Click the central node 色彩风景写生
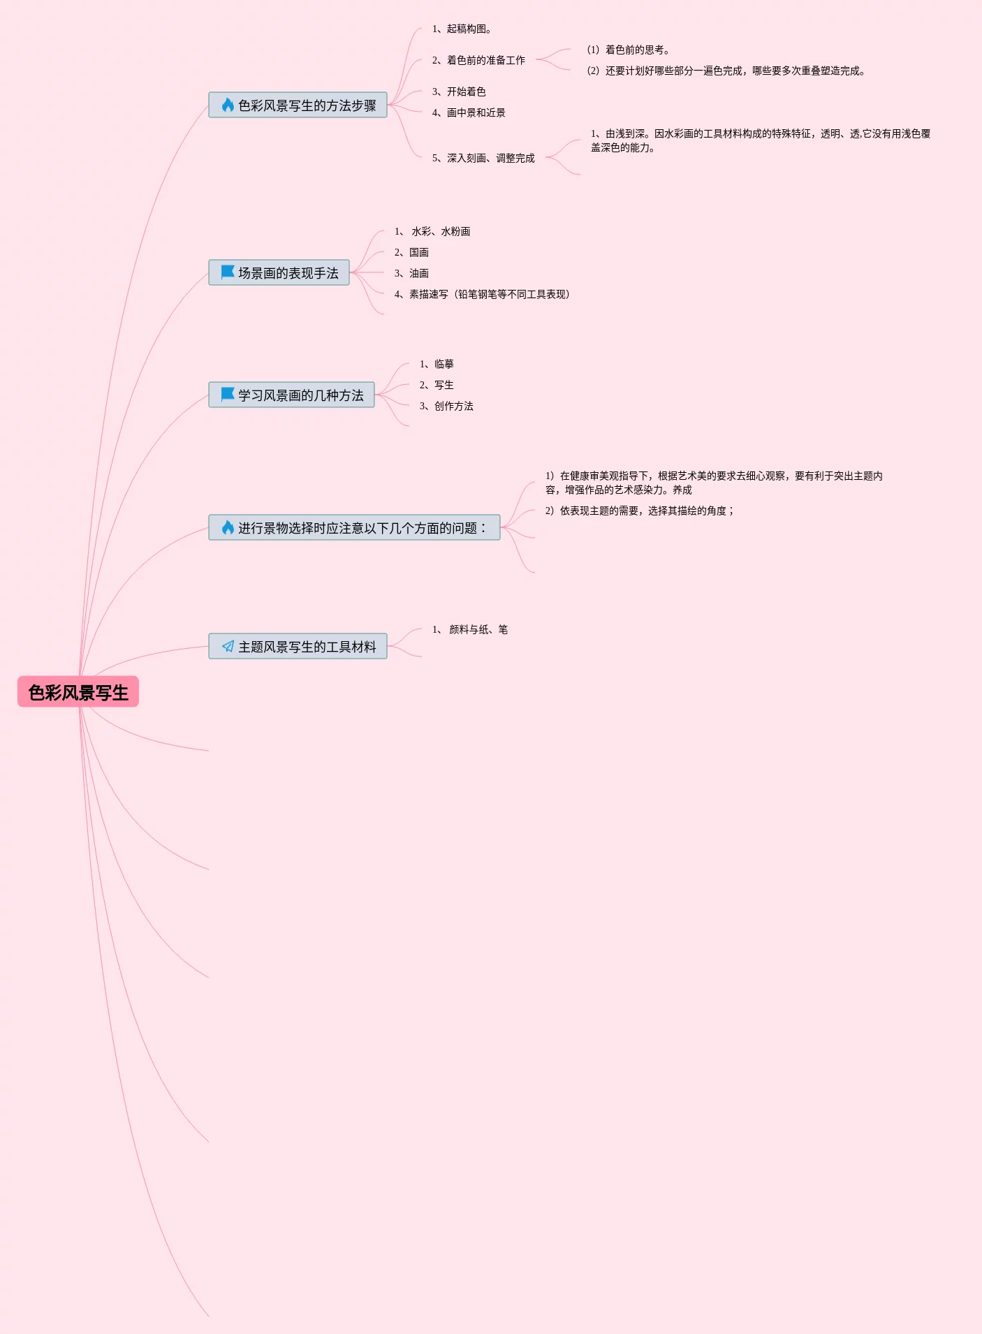tap(78, 692)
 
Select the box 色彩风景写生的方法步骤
tap(298, 105)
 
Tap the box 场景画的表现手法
tap(279, 273)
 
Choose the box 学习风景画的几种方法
tap(292, 395)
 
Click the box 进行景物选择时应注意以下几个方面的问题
tap(355, 528)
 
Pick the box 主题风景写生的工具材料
tap(298, 647)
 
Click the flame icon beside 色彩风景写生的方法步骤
tap(228, 105)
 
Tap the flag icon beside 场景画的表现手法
tap(228, 272)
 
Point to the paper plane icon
tap(228, 647)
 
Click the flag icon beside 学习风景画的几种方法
tap(228, 395)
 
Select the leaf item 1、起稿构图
tap(462, 29)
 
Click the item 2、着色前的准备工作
tap(478, 61)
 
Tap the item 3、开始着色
tap(459, 92)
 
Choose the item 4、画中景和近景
tap(469, 113)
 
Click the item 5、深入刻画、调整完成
tap(483, 159)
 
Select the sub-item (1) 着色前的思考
tap(629, 50)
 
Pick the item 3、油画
tap(411, 274)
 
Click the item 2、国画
tap(411, 253)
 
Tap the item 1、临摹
tap(437, 365)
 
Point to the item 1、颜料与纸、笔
tap(470, 630)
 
